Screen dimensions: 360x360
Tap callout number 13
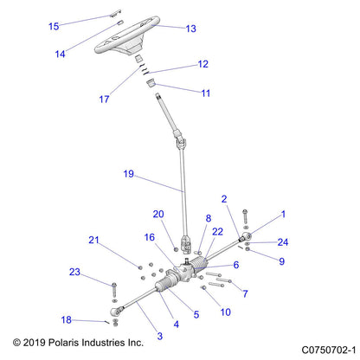[x=191, y=29]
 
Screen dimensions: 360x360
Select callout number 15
[x=54, y=26]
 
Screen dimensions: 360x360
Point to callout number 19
[x=129, y=174]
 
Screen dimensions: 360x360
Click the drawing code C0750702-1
[x=329, y=350]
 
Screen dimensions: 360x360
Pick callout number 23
[x=74, y=272]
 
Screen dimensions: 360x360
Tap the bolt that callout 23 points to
[x=114, y=290]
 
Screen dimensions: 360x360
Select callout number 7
[x=245, y=293]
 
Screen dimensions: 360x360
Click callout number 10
[x=226, y=312]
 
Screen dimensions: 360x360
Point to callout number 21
[x=93, y=240]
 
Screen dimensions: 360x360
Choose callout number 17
[x=104, y=100]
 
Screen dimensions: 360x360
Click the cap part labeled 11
[x=151, y=84]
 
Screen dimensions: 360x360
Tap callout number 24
[x=283, y=242]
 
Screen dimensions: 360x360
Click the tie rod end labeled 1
[x=246, y=237]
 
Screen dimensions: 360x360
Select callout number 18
[x=66, y=319]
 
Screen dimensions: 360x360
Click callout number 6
[x=236, y=265]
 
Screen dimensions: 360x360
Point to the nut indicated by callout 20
[x=176, y=249]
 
